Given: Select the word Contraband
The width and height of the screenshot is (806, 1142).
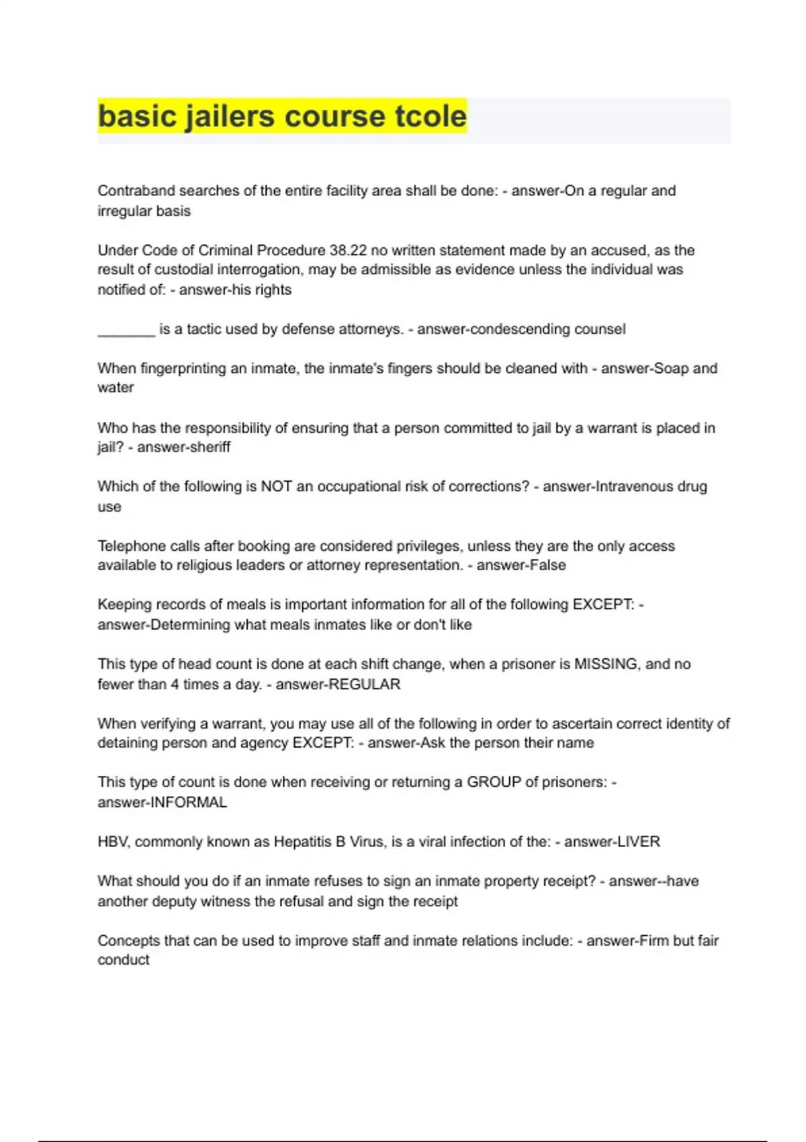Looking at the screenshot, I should (x=132, y=191).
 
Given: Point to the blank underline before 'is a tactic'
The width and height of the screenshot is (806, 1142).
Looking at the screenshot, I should (x=126, y=331).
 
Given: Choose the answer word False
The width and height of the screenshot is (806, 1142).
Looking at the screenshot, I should (x=545, y=566).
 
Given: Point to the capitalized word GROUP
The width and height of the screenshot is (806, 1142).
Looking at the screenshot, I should (x=494, y=783).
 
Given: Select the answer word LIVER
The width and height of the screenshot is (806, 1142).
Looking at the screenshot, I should (x=638, y=842).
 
